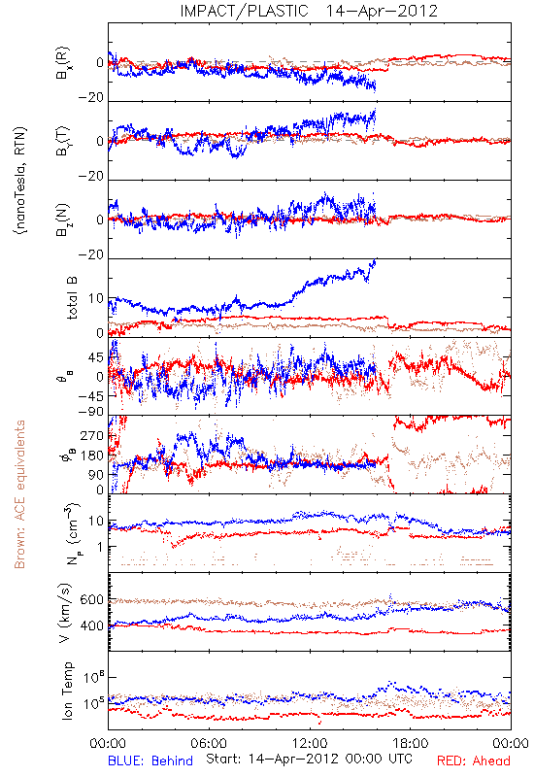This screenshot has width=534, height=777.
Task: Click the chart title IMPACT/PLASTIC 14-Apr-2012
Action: click(x=309, y=11)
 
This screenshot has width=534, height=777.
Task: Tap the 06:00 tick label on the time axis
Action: click(x=209, y=743)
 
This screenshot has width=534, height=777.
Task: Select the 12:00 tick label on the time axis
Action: click(x=310, y=743)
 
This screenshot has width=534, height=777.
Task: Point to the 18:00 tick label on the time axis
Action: click(x=410, y=743)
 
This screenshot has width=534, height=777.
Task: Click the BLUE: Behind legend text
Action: click(x=150, y=760)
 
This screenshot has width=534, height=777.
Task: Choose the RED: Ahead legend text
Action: click(x=473, y=760)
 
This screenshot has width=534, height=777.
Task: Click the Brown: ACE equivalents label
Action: click(x=19, y=494)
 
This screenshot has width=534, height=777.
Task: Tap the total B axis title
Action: click(x=71, y=298)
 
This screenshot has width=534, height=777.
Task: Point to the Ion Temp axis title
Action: click(x=67, y=691)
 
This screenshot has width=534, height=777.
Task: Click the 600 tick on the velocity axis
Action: click(x=91, y=600)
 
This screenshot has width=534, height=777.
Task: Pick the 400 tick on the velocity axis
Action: click(x=91, y=626)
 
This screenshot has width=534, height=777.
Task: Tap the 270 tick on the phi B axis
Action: click(x=91, y=436)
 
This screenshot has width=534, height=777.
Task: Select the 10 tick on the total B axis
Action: click(x=95, y=298)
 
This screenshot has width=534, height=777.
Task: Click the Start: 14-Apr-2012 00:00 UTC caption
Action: click(x=309, y=759)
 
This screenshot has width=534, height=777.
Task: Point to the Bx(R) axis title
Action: click(x=63, y=62)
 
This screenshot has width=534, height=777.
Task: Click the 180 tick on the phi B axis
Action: click(x=91, y=456)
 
